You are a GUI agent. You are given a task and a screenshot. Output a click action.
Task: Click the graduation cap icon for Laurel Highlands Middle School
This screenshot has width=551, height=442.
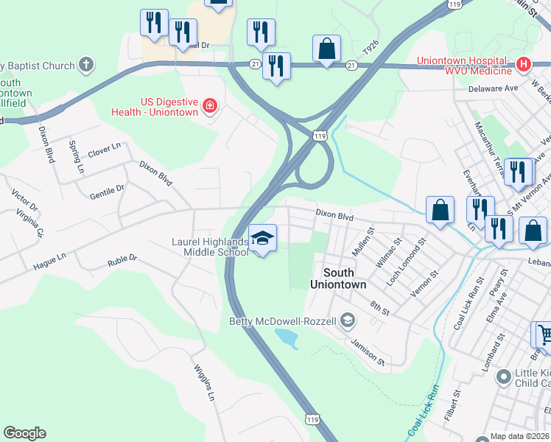point(262,239)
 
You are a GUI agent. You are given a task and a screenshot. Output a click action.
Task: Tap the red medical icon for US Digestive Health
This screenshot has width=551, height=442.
point(211,106)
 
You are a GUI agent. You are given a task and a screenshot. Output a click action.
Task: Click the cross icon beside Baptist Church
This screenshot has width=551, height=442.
point(86,66)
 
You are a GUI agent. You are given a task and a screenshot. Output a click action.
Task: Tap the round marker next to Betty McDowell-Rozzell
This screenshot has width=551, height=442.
point(348,320)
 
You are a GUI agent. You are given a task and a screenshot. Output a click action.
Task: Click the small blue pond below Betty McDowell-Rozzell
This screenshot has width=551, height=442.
point(287,338)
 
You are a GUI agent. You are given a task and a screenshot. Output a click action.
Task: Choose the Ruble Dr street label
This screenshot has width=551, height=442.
point(122,259)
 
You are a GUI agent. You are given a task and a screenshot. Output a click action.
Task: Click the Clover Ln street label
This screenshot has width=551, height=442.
point(104,150)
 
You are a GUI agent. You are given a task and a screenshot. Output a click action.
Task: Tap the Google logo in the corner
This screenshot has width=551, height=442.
point(24,433)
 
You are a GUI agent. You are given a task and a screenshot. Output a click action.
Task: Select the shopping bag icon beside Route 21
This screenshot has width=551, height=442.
point(326,49)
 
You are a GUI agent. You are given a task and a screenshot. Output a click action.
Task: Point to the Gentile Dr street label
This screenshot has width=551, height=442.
point(107,191)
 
